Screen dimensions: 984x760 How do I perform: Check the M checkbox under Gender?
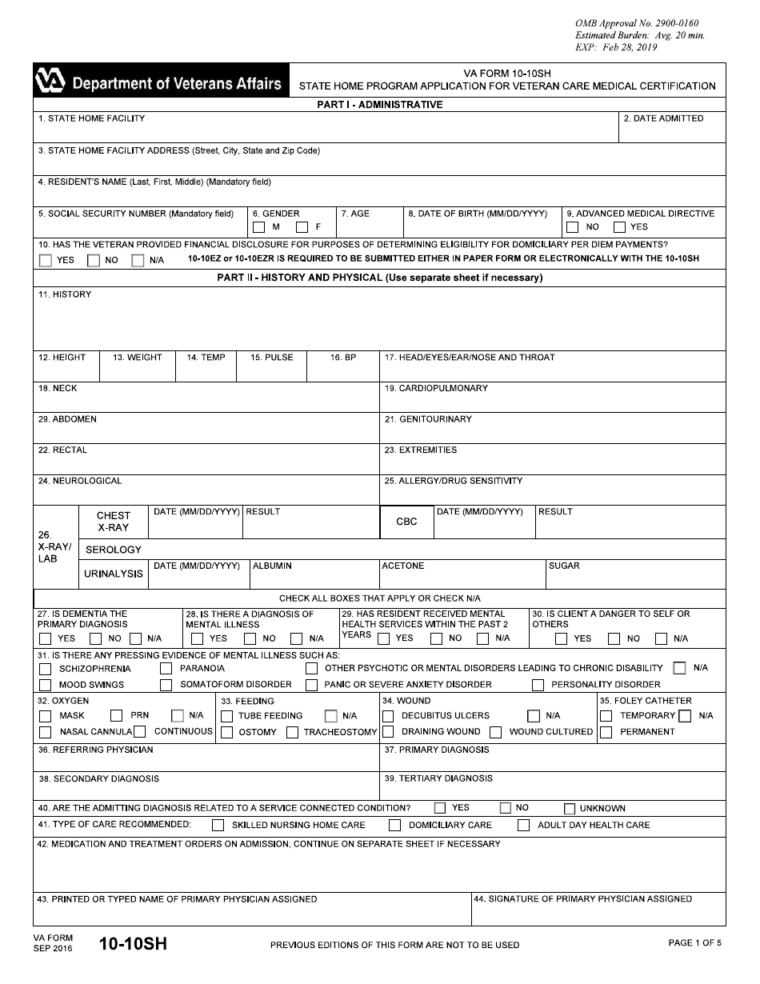pos(258,227)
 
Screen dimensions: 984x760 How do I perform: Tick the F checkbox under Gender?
pos(302,227)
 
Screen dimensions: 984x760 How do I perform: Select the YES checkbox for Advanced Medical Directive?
pos(619,227)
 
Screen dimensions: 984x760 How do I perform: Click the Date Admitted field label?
pos(663,118)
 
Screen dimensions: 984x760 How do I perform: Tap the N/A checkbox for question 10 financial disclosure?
pos(138,260)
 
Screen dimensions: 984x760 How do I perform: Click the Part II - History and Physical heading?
pos(380,278)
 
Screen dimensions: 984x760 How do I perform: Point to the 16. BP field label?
pos(343,358)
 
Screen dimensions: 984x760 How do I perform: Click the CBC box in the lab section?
pos(406,522)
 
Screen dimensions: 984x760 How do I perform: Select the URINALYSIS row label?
pos(114,574)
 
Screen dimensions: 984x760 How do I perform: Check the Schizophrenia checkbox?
pos(45,669)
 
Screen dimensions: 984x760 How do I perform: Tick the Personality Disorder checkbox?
pos(538,685)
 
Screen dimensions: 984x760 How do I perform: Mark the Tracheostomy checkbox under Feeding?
pos(293,732)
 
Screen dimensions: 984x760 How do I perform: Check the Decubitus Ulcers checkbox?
pos(388,716)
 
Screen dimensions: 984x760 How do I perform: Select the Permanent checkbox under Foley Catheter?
pos(606,732)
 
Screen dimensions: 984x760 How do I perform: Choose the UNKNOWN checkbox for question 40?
pos(570,809)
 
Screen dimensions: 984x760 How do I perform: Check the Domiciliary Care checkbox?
pos(394,825)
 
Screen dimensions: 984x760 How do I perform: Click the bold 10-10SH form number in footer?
pos(133,943)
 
